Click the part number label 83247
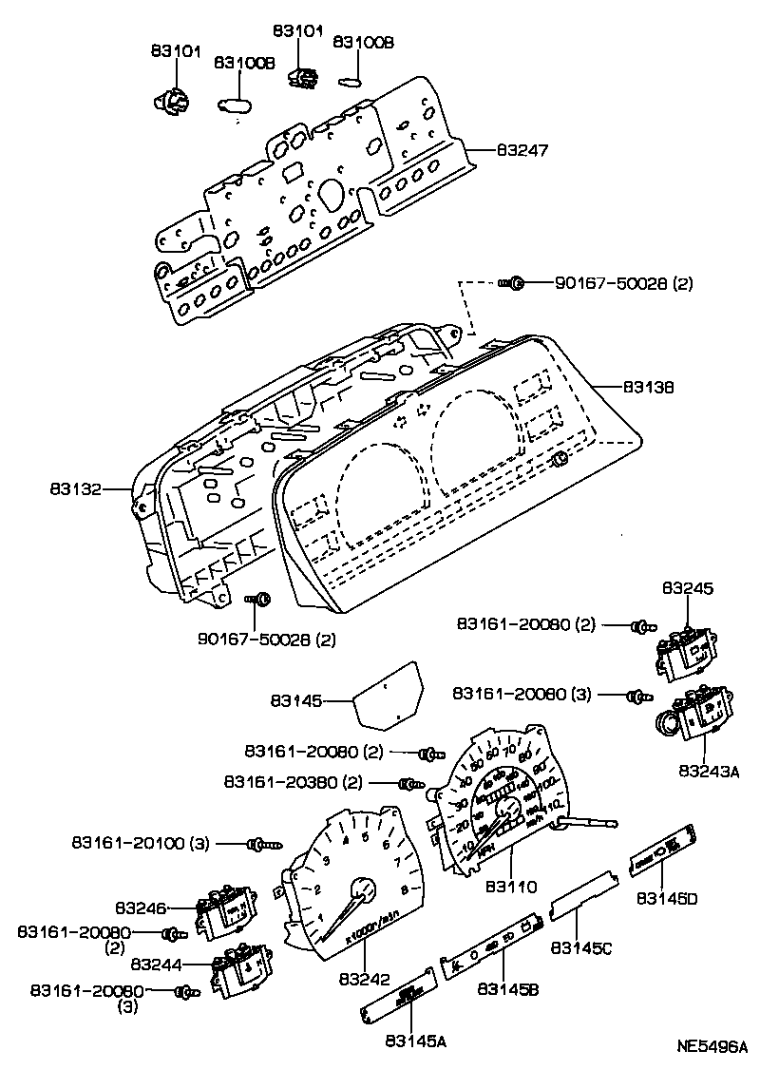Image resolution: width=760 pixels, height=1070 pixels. coord(521,150)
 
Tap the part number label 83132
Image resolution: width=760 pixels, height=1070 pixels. coord(75,490)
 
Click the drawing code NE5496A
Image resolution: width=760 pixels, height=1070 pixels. coord(712,1047)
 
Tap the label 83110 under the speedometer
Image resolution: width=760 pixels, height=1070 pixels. coord(511,887)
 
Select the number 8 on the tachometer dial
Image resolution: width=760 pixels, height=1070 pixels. coord(406,889)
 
